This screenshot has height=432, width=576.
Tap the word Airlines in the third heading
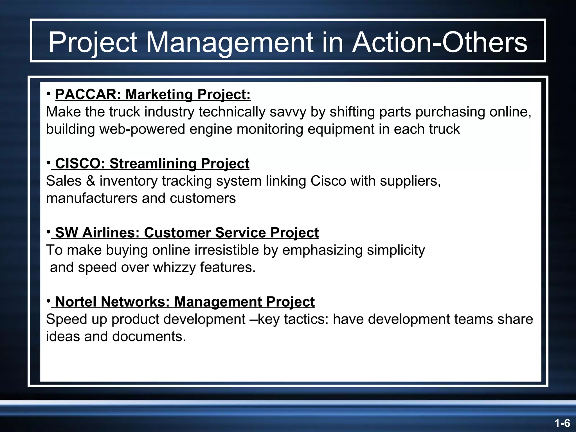tap(111, 233)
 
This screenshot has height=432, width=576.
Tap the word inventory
tap(129, 181)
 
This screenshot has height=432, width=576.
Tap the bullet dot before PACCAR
tap(49, 94)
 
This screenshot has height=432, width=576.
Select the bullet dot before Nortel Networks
tap(49, 301)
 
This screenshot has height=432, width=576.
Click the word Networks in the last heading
tap(135, 302)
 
